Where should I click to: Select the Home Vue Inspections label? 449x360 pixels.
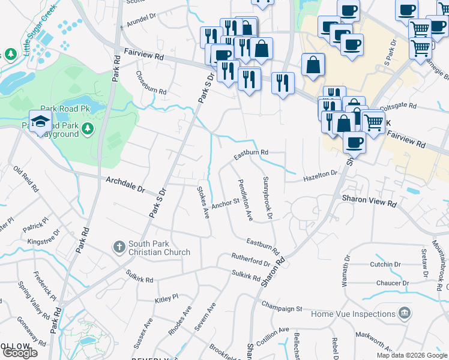point(352,314)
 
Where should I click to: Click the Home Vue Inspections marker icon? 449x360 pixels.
point(404,313)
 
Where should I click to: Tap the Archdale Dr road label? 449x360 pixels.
point(125,184)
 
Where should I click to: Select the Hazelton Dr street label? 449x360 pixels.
point(320,175)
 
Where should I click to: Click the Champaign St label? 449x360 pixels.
point(282,308)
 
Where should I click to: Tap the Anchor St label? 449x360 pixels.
point(226,203)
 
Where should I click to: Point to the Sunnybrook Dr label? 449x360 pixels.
point(268,197)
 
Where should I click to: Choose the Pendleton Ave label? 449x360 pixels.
point(245,200)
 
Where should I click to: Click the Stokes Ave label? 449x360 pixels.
point(203,202)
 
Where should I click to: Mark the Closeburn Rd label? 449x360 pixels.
point(151,83)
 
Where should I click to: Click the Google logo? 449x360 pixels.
point(19,353)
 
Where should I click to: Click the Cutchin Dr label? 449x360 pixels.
point(385,264)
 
